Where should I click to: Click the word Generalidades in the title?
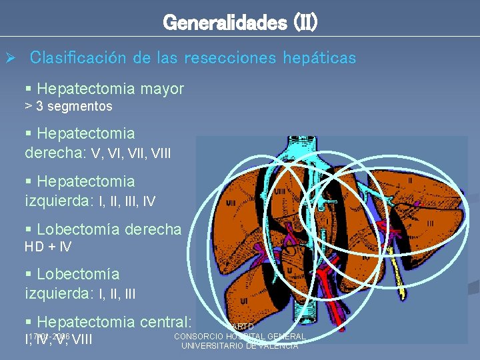[x=215, y=23]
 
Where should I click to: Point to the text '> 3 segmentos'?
[x=68, y=106]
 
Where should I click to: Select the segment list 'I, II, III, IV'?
[x=128, y=200]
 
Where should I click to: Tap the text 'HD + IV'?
[x=48, y=247]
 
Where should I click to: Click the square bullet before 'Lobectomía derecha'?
[x=29, y=230]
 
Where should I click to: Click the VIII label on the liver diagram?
[x=280, y=191]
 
